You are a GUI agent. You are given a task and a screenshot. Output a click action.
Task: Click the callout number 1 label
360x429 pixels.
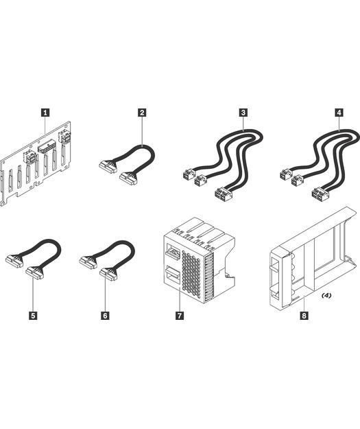[x=45, y=113]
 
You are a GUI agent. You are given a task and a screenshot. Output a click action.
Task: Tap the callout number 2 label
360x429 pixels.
[x=142, y=113]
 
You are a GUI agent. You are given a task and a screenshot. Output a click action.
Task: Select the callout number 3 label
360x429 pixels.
[x=243, y=113]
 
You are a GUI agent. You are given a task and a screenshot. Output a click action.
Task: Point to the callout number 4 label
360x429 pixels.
[x=339, y=113]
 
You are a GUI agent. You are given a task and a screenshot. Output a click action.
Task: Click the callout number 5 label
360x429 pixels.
[x=33, y=316]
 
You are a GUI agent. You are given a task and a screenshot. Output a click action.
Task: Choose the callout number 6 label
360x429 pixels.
[x=105, y=316]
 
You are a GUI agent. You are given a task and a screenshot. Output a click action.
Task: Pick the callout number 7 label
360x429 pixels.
[x=180, y=316]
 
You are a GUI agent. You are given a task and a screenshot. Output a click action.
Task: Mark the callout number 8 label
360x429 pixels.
[x=304, y=316]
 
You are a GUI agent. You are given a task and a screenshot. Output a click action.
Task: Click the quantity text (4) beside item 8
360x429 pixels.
[x=326, y=295]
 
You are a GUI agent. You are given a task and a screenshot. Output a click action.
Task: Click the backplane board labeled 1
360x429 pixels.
[x=36, y=163]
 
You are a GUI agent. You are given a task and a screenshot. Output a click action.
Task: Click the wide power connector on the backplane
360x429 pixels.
[x=48, y=147]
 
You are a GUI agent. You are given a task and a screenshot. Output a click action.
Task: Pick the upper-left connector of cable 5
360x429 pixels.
[x=14, y=262]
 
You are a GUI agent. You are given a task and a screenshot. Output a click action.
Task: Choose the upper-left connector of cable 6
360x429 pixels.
[x=88, y=262]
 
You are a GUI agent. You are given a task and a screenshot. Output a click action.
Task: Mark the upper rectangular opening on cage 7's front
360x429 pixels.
[x=172, y=251]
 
